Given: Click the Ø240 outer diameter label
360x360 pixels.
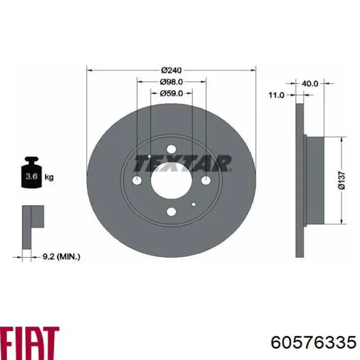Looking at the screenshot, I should pyautogui.click(x=171, y=70).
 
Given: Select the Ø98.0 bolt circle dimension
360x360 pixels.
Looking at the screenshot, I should pyautogui.click(x=171, y=82).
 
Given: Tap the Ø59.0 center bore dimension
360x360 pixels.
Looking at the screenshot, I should pyautogui.click(x=171, y=93).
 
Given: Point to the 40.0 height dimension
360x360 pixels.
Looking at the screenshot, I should pyautogui.click(x=311, y=83).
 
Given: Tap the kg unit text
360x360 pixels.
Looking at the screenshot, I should pyautogui.click(x=49, y=177).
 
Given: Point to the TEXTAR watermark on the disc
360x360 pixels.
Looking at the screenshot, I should pyautogui.click(x=183, y=164).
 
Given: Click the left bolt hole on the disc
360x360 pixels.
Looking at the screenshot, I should pyautogui.click(x=137, y=181).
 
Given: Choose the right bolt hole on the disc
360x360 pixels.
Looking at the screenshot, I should pyautogui.click(x=206, y=180).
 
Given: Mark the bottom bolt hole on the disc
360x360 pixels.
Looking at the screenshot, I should pyautogui.click(x=171, y=211).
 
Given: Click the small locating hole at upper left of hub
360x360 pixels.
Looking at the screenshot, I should pyautogui.click(x=149, y=156).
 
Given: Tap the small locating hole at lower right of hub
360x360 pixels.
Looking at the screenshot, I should pyautogui.click(x=193, y=204).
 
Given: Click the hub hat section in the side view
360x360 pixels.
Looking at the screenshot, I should pyautogui.click(x=315, y=180).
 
